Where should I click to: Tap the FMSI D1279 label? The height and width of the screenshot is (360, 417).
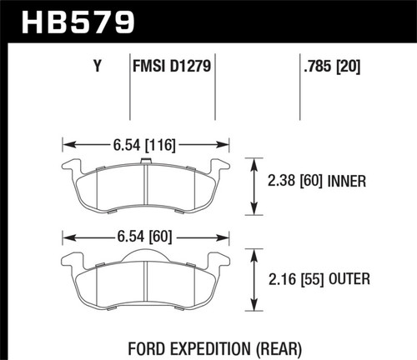click(x=170, y=62)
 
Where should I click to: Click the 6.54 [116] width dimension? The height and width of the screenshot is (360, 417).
click(x=144, y=144)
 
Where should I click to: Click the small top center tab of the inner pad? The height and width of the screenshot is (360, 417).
click(x=146, y=160)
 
